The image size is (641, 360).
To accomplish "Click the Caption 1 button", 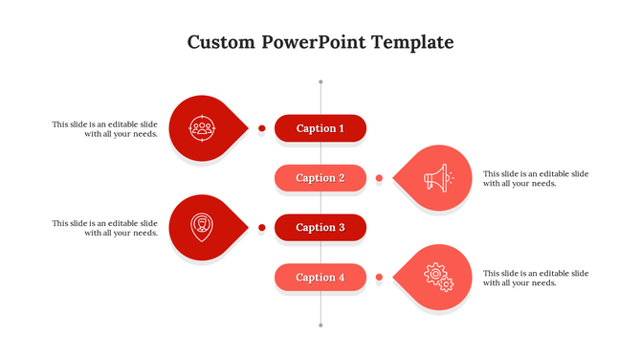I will point(320,128).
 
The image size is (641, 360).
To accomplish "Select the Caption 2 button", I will point(320,178).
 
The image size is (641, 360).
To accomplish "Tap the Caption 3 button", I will point(320,228).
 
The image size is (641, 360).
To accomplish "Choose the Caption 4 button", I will point(320,278).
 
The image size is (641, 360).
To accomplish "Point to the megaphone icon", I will point(438,177).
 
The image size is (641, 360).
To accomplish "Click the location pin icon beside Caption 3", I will point(200,227).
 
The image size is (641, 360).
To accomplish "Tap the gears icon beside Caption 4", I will point(438,277).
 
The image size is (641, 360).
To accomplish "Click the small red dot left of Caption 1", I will point(261,128).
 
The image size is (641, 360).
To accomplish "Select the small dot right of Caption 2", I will point(379,178).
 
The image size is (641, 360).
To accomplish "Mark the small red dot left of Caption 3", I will point(261,228).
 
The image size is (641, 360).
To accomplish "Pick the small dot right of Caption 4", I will point(379,278).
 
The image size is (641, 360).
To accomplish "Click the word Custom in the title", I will point(222,43).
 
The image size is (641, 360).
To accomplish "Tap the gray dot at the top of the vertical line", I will point(320,82).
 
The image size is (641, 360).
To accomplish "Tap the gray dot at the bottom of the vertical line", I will point(320,325).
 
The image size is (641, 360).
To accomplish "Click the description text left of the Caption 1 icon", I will point(105,128).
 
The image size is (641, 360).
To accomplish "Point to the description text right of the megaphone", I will point(536,178).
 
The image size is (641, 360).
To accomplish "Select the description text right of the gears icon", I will point(536,278).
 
